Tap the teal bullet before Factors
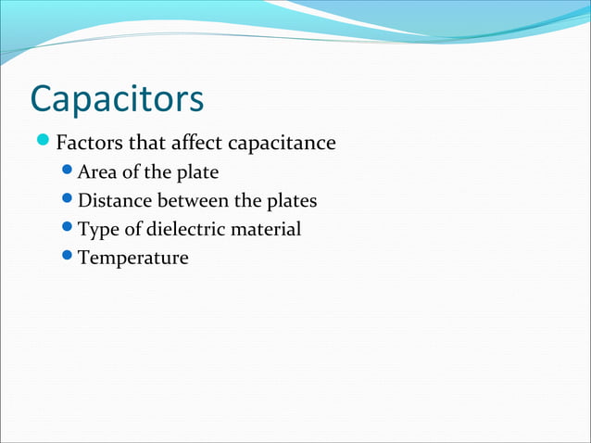pyautogui.click(x=43, y=143)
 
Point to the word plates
pyautogui.click(x=291, y=201)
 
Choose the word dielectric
pyautogui.click(x=188, y=229)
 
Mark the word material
pyautogui.click(x=270, y=229)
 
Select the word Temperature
pyautogui.click(x=133, y=258)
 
